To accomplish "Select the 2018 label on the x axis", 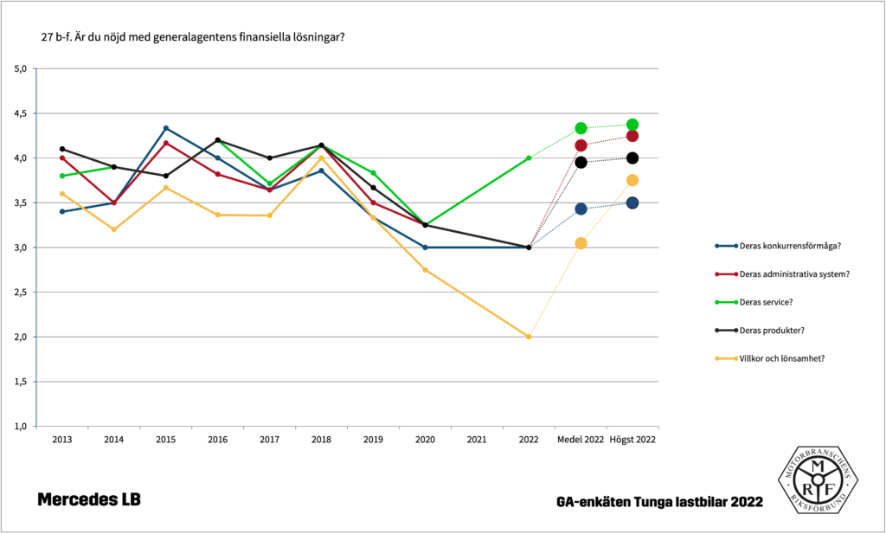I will (321, 440).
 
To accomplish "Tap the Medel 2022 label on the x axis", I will (581, 440).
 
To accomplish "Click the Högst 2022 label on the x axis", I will (632, 440).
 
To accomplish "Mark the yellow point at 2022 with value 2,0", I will (529, 337).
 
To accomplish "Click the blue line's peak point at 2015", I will (166, 128).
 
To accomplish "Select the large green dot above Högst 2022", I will (632, 125).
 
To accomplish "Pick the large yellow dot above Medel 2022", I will (581, 243).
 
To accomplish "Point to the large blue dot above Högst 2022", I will (632, 203).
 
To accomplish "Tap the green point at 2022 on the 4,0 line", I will (529, 158).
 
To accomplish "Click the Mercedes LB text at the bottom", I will (88, 499).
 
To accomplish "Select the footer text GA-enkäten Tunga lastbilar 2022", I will (660, 502).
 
